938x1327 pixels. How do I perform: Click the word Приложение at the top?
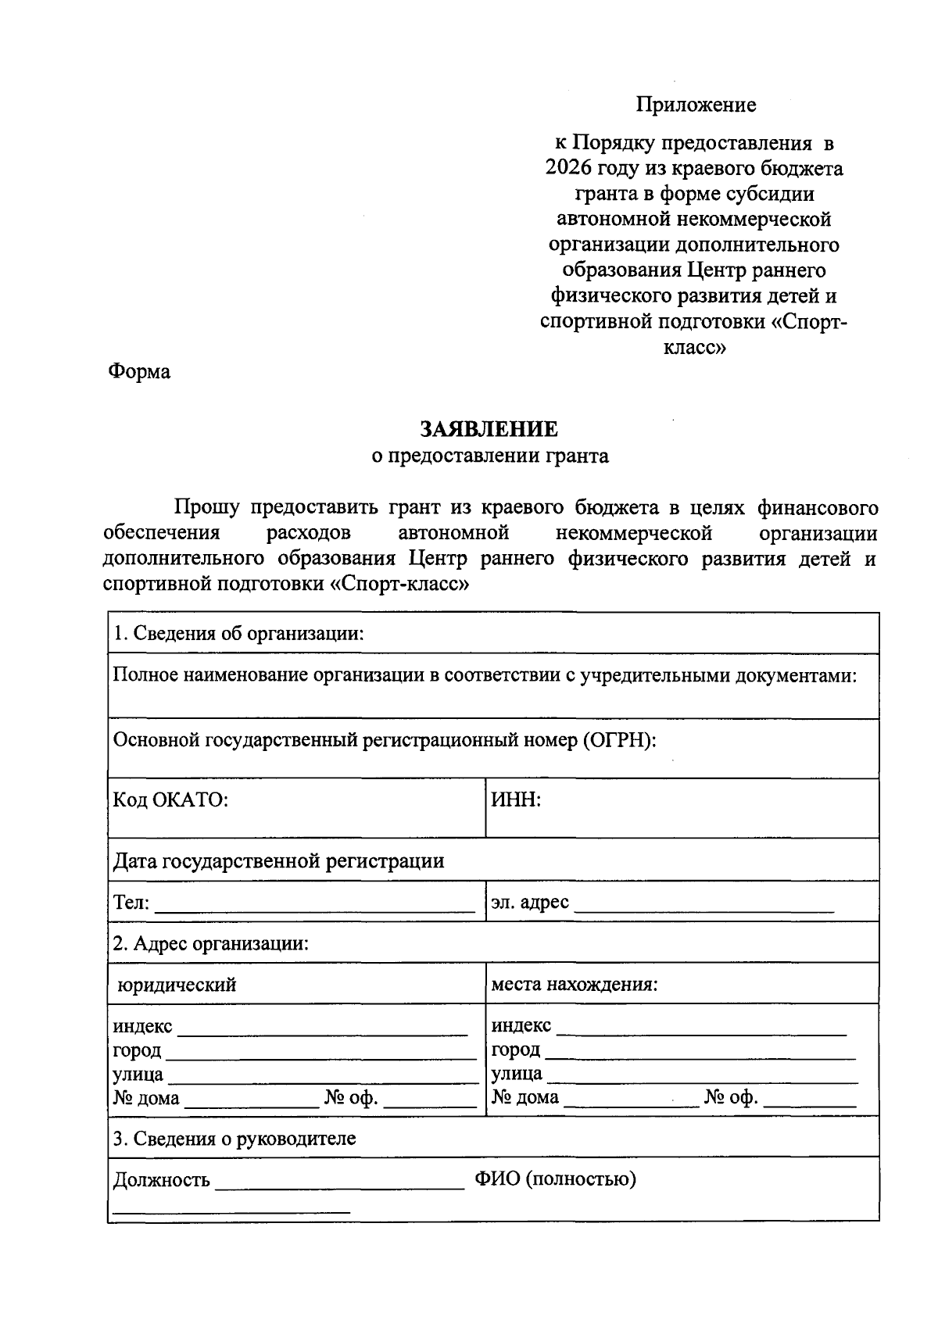(695, 105)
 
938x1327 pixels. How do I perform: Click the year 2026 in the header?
(570, 169)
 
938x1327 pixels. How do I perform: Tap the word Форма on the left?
(139, 372)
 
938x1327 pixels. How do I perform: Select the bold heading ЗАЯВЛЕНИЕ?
(489, 429)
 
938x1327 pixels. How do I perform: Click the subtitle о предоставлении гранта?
(489, 456)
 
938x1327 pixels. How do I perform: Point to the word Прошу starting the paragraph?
(206, 508)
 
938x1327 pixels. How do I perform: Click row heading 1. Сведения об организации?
(238, 633)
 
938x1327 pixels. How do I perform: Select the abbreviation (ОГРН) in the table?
(618, 740)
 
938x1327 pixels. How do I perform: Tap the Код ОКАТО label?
(170, 800)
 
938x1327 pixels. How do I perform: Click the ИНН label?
(516, 800)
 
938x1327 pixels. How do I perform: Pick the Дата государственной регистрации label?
(278, 861)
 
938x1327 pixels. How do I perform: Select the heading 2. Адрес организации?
(211, 943)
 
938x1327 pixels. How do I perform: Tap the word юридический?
(177, 985)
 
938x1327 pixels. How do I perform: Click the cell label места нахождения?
(574, 985)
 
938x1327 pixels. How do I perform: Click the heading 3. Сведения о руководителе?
(234, 1139)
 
